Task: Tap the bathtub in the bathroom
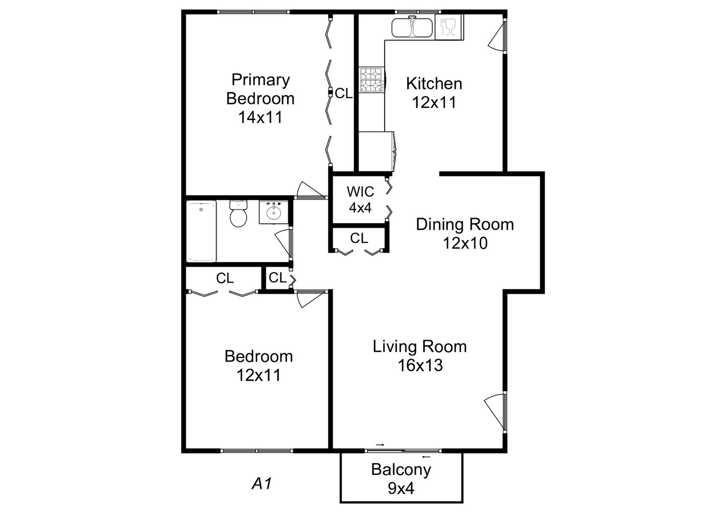coord(201,231)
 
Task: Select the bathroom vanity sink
coord(273,212)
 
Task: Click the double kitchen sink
coord(412,28)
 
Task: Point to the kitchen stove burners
coord(371,80)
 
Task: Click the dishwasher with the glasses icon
coord(448,27)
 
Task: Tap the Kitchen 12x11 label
coord(434,93)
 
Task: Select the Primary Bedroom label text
coord(260,98)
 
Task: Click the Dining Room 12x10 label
coord(465,233)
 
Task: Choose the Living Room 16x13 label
coord(420,355)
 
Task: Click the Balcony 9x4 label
coord(401,478)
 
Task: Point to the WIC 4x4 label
coord(360,199)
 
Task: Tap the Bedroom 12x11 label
coord(259,365)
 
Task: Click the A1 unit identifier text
coord(261,484)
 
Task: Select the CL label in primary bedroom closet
coord(344,94)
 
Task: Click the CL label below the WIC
coord(359,238)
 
